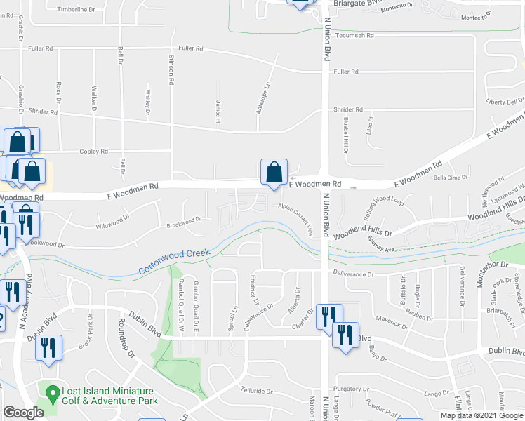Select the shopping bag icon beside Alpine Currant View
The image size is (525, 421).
point(274,173)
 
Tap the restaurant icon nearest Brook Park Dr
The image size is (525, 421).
point(48,347)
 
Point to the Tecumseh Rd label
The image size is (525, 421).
point(355,35)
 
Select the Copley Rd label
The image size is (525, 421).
point(94,151)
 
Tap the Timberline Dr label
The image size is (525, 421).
point(77,10)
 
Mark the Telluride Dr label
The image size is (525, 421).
point(260,392)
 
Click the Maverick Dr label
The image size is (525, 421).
point(391,324)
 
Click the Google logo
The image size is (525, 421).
point(23,413)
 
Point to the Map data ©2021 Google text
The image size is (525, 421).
point(481,415)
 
